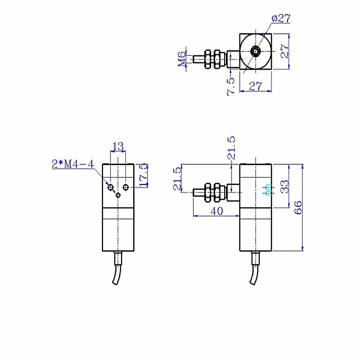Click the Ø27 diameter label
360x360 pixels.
(x=281, y=18)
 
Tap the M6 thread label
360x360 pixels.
(x=182, y=59)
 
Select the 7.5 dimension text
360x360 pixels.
(x=231, y=86)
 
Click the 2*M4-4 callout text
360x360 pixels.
(x=73, y=164)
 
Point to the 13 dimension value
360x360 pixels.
(x=118, y=146)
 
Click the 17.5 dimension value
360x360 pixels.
(x=144, y=175)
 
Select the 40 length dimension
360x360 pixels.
(x=216, y=211)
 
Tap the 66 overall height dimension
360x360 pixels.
(x=298, y=207)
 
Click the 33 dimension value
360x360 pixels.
(x=284, y=186)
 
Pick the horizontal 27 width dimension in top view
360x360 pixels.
(x=255, y=86)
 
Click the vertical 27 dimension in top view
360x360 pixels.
(x=285, y=51)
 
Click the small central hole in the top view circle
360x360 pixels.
(x=256, y=51)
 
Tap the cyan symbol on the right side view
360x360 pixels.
(x=268, y=190)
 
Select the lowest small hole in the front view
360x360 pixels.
(x=118, y=195)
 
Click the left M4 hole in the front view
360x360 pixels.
(x=111, y=188)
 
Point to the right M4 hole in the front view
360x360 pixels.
(x=126, y=188)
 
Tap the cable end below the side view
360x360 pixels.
(x=252, y=283)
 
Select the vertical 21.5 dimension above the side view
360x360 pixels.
(x=231, y=148)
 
